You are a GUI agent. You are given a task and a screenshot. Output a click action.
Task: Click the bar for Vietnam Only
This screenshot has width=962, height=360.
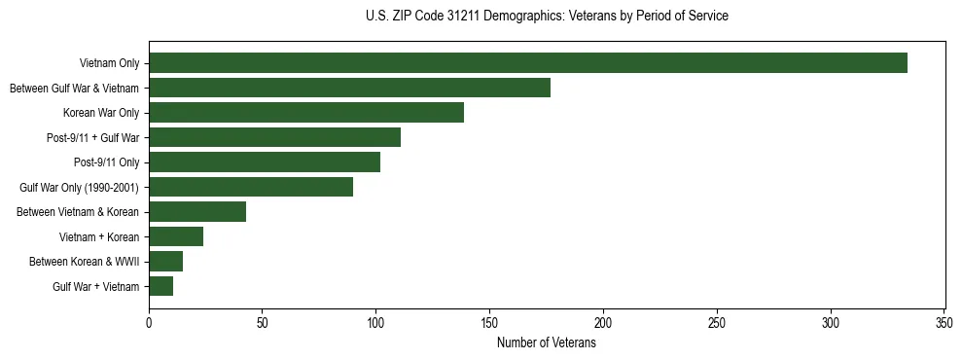[x=528, y=63]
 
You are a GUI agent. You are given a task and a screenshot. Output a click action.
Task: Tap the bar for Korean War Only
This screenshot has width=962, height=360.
[x=306, y=113]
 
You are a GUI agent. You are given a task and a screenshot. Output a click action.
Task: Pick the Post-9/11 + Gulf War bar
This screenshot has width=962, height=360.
[x=275, y=137]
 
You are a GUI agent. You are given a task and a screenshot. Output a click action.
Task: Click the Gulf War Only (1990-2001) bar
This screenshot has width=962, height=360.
[x=251, y=187]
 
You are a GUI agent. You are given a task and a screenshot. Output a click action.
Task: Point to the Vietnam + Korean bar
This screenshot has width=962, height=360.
[x=176, y=236]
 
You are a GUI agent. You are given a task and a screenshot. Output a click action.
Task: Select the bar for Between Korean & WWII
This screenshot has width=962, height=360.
[x=166, y=261]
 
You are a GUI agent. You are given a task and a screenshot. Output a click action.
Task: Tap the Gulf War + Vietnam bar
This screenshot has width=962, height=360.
[x=161, y=286]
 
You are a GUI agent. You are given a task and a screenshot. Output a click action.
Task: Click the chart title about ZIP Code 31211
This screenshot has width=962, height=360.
[x=547, y=17]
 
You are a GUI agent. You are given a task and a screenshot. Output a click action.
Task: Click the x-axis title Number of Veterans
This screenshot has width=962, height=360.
[x=547, y=343]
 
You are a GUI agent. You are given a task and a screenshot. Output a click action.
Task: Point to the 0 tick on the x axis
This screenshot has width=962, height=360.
[x=149, y=323]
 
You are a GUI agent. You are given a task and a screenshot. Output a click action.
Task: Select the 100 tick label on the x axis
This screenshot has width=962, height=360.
[x=376, y=323]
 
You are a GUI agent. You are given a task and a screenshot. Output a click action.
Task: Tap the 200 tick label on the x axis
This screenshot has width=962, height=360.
[x=603, y=323]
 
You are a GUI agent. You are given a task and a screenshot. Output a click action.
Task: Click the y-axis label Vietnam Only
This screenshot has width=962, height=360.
[x=109, y=64]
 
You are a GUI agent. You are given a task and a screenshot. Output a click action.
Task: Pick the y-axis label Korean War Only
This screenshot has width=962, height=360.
[x=101, y=113]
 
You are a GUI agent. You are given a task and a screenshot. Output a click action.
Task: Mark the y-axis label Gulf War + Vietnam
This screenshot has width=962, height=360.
[x=96, y=287]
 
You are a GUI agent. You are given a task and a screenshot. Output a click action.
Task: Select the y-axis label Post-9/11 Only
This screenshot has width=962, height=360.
[x=106, y=162]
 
